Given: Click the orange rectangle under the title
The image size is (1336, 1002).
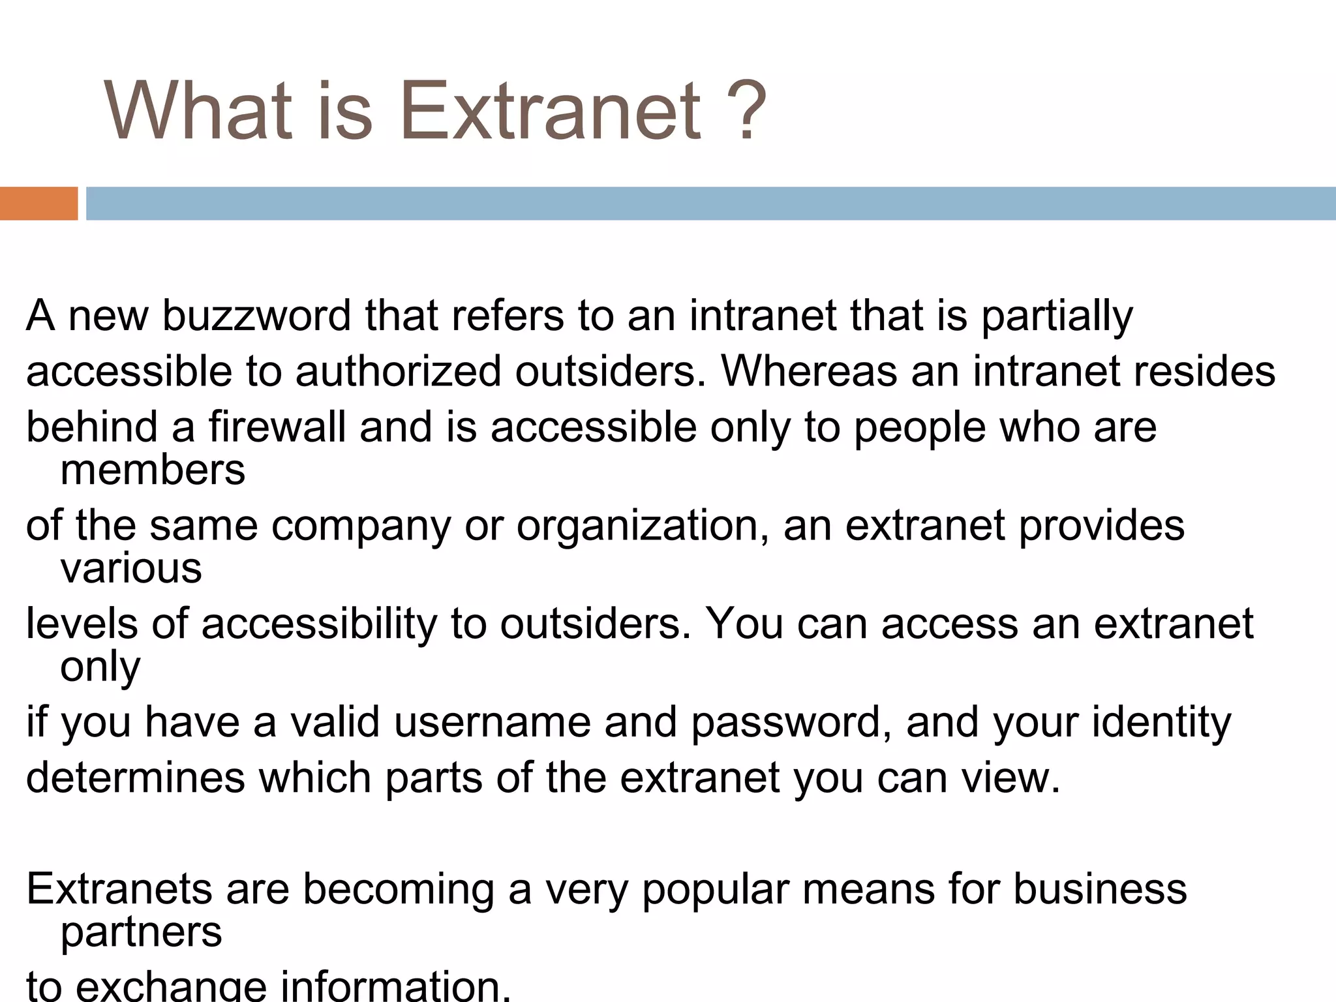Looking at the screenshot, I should (38, 204).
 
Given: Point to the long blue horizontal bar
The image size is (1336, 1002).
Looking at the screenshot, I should (711, 204).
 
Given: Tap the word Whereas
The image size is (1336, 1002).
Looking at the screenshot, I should (808, 372).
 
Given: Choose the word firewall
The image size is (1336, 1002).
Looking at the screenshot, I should (277, 427).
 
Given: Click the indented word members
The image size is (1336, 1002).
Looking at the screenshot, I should (153, 470).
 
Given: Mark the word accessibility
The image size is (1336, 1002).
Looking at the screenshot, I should (319, 624).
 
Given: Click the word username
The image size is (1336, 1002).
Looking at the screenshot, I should (492, 723).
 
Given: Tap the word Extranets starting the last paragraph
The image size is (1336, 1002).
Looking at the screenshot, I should (119, 889).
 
